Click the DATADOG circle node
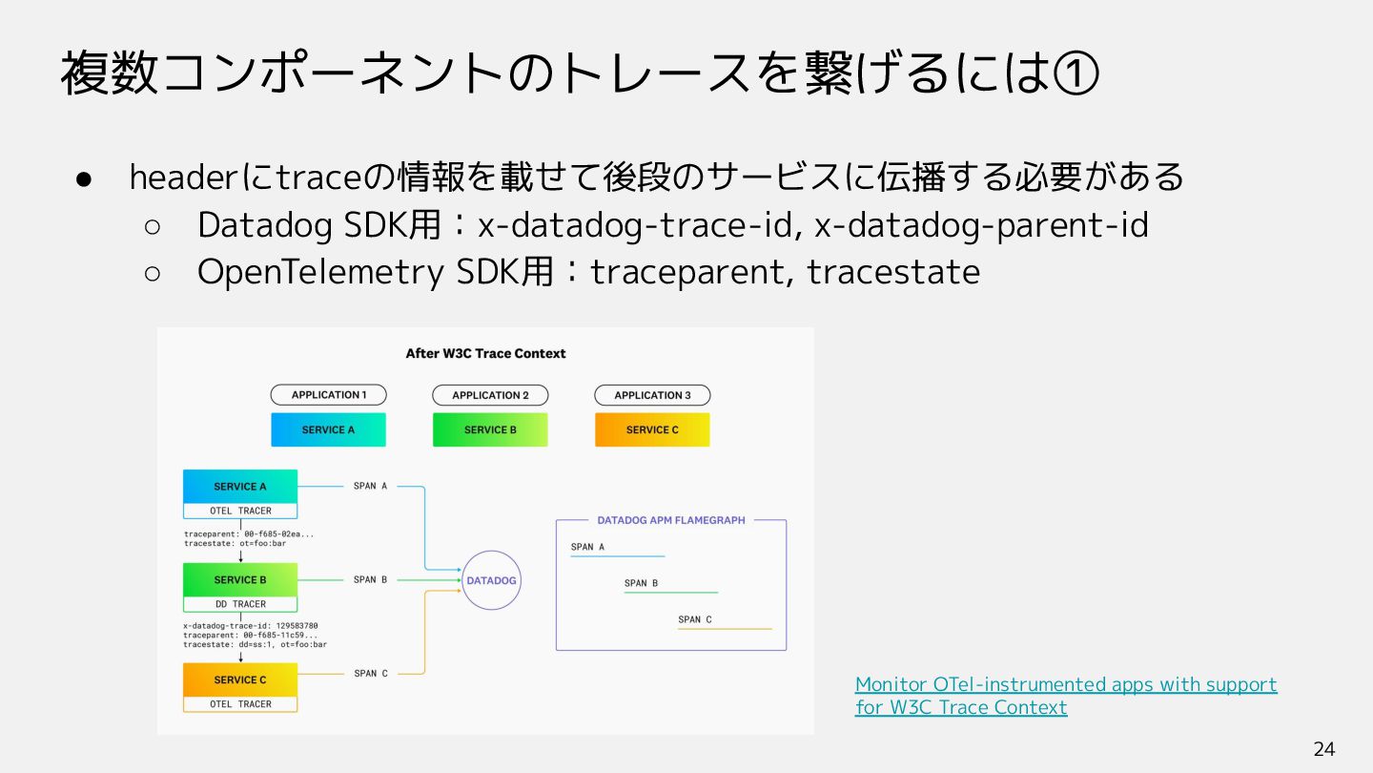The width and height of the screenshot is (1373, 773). click(491, 580)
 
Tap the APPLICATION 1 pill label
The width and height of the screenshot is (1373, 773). click(328, 395)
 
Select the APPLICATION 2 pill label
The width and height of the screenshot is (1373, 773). click(490, 395)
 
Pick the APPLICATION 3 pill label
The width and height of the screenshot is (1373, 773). click(652, 395)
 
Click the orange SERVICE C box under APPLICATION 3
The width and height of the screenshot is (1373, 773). click(652, 429)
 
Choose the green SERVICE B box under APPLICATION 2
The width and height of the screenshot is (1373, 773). click(490, 429)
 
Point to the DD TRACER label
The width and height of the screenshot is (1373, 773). click(240, 604)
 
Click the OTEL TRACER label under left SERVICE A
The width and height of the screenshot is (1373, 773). click(240, 511)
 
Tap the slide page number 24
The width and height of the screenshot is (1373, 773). click(1323, 749)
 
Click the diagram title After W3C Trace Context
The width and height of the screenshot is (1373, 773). click(485, 353)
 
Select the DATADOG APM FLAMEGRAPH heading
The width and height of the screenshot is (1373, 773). click(671, 520)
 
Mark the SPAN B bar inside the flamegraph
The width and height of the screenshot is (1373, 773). click(670, 592)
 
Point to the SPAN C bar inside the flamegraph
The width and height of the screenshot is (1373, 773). click(725, 628)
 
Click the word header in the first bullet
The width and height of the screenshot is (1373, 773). click(174, 177)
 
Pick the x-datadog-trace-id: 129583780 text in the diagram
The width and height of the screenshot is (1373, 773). click(251, 626)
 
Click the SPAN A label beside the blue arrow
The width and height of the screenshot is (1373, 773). click(370, 486)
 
